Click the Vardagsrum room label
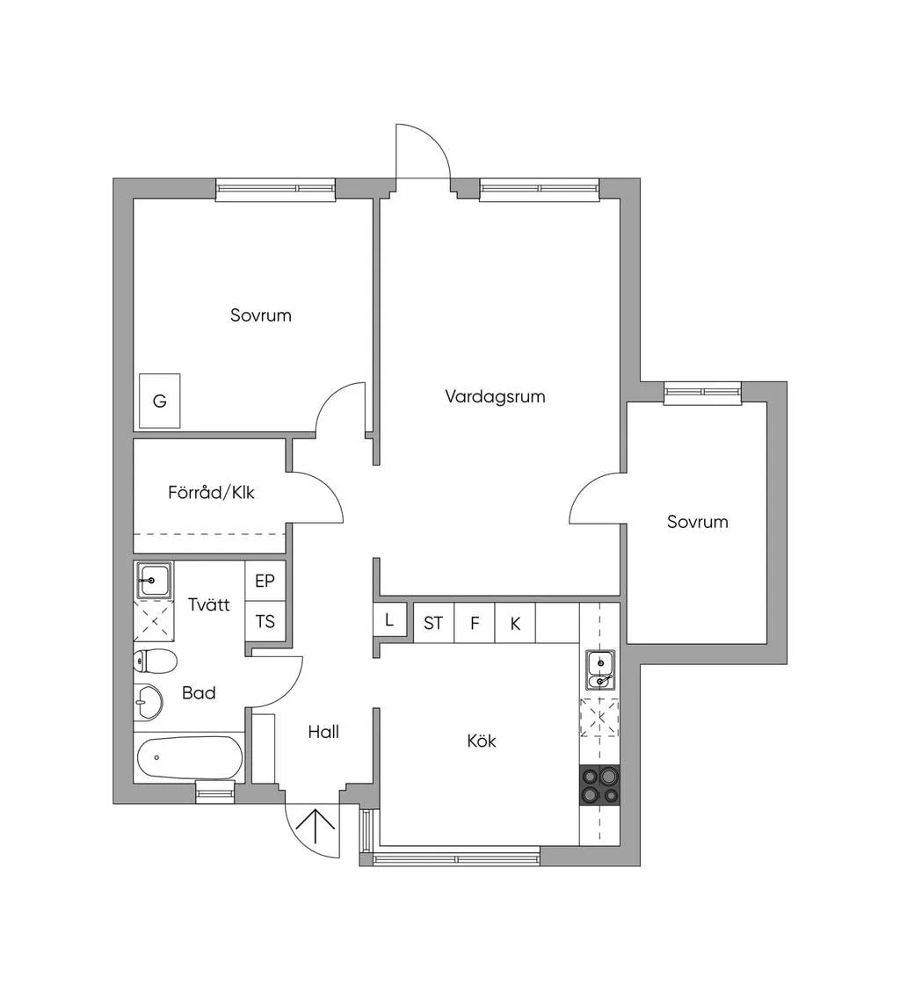pyautogui.click(x=495, y=397)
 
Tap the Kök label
pyautogui.click(x=482, y=740)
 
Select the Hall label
pyautogui.click(x=323, y=732)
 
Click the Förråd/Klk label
pyautogui.click(x=211, y=492)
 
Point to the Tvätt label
pyautogui.click(x=208, y=604)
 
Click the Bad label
pyautogui.click(x=199, y=692)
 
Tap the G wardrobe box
pyautogui.click(x=160, y=401)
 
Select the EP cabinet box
pyautogui.click(x=265, y=581)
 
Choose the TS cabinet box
pyautogui.click(x=265, y=621)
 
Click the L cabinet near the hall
pyautogui.click(x=389, y=620)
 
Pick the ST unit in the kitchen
pyautogui.click(x=434, y=623)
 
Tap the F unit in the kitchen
pyautogui.click(x=475, y=623)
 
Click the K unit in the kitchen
pyautogui.click(x=515, y=623)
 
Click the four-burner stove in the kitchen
pyautogui.click(x=599, y=785)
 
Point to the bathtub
pyautogui.click(x=190, y=758)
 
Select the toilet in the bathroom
pyautogui.click(x=155, y=662)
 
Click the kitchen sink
pyautogui.click(x=599, y=670)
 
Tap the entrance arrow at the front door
pyautogui.click(x=316, y=828)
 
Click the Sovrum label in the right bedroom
pyautogui.click(x=697, y=522)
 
